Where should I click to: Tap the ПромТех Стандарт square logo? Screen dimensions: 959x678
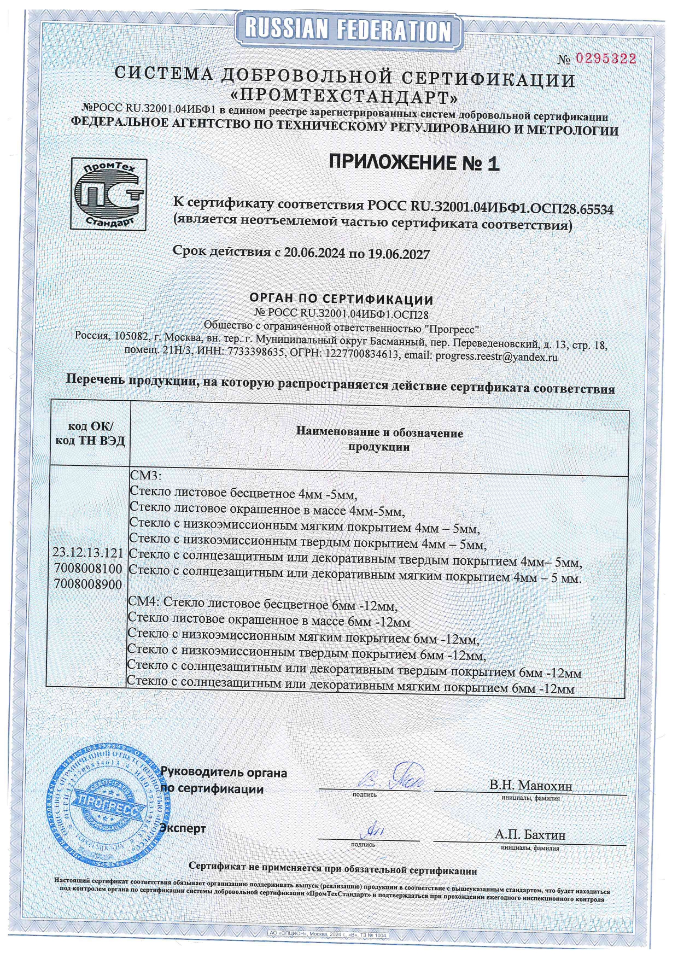[109, 194]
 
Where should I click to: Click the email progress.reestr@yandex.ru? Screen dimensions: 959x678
[496, 357]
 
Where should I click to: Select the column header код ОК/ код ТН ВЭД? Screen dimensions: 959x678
[90, 434]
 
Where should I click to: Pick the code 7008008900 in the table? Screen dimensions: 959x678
[89, 584]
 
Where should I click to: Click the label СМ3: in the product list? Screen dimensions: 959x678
[145, 473]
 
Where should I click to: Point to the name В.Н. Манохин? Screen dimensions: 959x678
[531, 786]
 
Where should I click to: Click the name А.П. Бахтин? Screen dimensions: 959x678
[530, 835]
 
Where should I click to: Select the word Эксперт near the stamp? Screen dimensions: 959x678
[183, 828]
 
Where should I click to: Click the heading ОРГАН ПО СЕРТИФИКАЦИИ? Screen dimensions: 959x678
[341, 300]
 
